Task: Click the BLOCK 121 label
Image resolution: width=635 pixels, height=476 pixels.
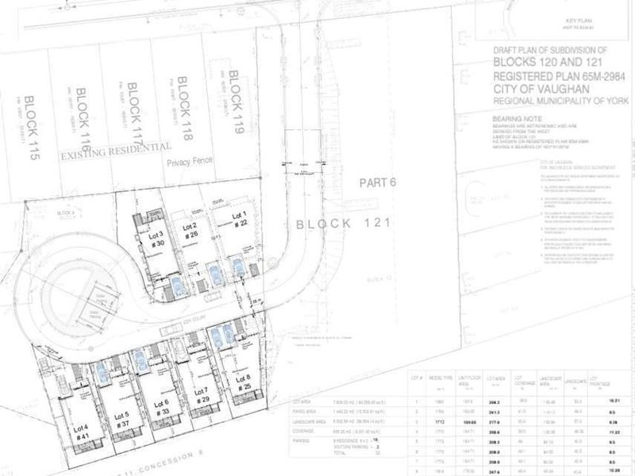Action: click(344, 224)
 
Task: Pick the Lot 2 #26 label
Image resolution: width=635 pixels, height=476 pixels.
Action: click(190, 232)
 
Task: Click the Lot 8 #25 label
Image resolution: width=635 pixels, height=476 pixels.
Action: click(244, 382)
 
